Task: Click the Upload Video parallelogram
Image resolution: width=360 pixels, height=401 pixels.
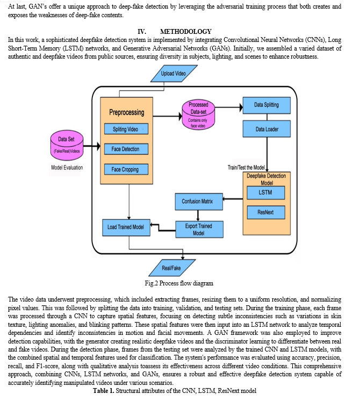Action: coord(174,74)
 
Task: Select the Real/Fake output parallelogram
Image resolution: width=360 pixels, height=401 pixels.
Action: coord(172,268)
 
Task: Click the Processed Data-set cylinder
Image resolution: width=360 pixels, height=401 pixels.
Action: coord(198,114)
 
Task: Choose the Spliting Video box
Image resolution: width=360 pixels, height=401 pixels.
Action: coord(126,129)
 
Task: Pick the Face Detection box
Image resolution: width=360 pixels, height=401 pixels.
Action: coord(126,149)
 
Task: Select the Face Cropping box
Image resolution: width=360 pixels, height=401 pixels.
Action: coord(126,169)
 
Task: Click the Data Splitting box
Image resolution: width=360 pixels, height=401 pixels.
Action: coord(267,105)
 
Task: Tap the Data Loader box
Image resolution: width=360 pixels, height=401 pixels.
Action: coord(267,129)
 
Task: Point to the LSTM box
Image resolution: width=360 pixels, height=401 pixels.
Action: coord(266,192)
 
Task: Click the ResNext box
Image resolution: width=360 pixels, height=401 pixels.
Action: coord(266,212)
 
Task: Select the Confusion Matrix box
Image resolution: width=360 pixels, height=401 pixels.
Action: coord(199,202)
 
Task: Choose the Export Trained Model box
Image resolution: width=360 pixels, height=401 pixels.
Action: coord(199,230)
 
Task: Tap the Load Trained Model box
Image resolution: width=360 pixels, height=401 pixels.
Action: coord(126,227)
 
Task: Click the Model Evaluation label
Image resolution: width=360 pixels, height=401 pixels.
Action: coord(67,168)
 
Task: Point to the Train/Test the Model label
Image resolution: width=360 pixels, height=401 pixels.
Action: coord(246,168)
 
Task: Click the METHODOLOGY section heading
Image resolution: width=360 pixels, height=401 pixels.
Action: coord(186,32)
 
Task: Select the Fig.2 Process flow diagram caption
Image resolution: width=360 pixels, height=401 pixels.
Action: coord(179,283)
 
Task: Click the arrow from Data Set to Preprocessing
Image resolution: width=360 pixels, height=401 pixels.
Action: coord(92,146)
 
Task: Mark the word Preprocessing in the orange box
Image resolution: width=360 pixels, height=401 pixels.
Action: coord(127,112)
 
